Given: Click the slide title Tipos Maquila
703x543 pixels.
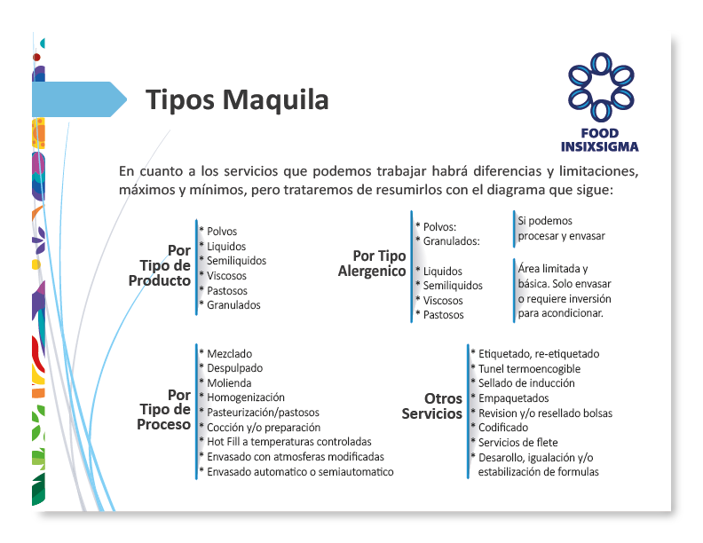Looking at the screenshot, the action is click(237, 100).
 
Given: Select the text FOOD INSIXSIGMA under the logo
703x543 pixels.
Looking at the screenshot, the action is click(600, 140).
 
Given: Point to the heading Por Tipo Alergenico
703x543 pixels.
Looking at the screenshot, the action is click(372, 264).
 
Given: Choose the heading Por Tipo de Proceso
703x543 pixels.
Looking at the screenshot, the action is click(163, 410).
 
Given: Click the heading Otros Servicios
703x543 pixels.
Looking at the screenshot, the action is click(431, 405).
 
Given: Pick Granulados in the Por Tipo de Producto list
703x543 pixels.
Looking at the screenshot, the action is click(233, 305).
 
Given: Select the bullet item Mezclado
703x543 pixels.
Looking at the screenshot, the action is click(230, 354).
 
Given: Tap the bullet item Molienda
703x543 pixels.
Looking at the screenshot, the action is click(229, 383).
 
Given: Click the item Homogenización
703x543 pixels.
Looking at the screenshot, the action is click(246, 397).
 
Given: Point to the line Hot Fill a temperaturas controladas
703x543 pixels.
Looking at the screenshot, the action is click(289, 442).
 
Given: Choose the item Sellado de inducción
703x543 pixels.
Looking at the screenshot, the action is click(526, 383).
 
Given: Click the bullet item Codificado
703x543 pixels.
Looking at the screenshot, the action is click(503, 428).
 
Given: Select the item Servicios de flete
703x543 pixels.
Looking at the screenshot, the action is click(517, 443).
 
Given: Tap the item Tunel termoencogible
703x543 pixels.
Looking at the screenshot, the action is click(529, 369).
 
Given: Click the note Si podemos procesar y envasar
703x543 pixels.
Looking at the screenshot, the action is click(561, 229).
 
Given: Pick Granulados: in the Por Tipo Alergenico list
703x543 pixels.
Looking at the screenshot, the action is click(452, 241).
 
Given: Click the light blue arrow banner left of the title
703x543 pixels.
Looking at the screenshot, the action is click(79, 99).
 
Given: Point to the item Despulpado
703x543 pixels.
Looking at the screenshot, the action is click(235, 368).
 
